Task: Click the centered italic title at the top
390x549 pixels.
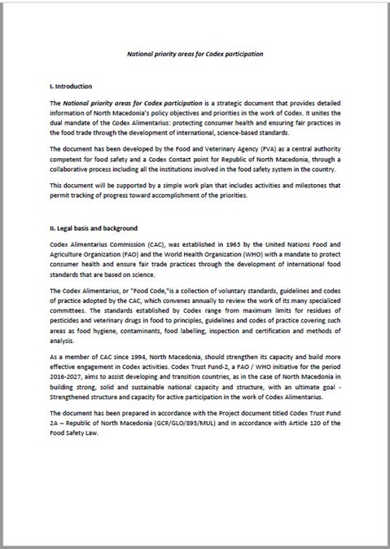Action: click(195, 53)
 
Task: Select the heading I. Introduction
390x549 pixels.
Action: click(72, 86)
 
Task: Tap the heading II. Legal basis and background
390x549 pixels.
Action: click(93, 228)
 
